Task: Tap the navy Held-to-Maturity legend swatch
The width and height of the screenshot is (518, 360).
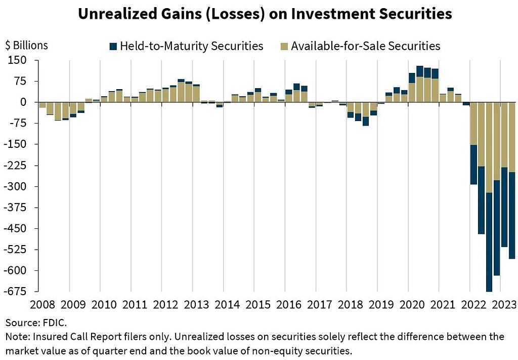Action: (x=113, y=46)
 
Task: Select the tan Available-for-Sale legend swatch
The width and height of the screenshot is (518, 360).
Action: (x=284, y=46)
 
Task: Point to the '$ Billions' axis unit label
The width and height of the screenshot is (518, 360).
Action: (x=27, y=45)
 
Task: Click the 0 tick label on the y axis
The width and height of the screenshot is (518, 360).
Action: (x=23, y=102)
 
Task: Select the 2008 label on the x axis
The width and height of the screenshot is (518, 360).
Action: (x=42, y=304)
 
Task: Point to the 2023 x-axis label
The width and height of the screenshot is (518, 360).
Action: (x=504, y=304)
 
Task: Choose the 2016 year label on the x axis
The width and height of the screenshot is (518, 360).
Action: (x=289, y=304)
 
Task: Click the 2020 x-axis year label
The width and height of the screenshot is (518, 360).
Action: (x=412, y=304)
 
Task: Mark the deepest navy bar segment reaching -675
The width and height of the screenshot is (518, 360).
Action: (x=489, y=242)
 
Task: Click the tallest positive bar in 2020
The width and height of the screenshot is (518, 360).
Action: (x=420, y=84)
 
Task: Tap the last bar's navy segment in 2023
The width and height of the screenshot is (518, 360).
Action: (x=512, y=215)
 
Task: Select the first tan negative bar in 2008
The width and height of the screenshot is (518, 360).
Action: (x=42, y=105)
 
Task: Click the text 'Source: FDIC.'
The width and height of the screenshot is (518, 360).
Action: (x=36, y=323)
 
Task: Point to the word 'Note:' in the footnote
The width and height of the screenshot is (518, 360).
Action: (x=18, y=337)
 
